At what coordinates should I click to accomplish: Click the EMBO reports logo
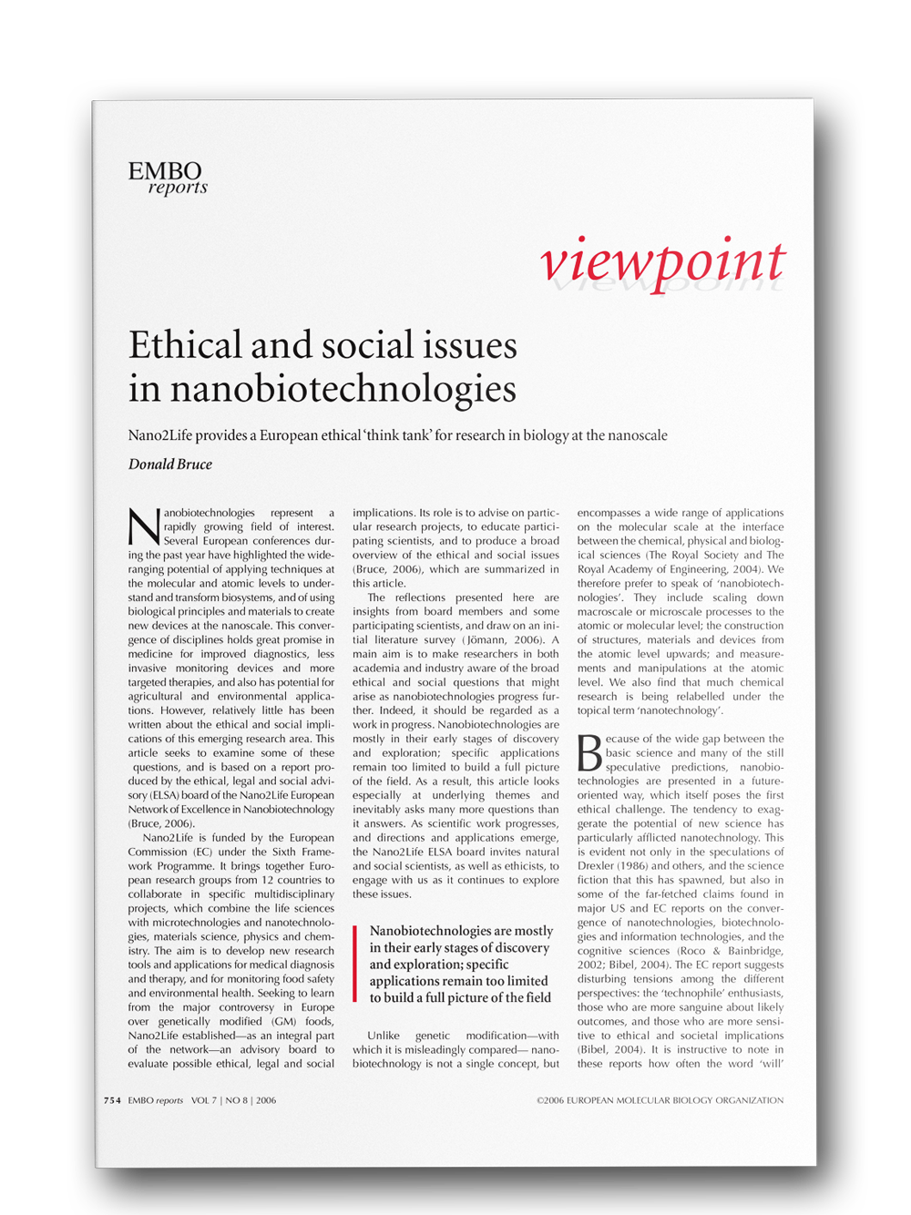pos(167,179)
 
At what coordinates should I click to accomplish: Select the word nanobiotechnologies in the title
pos(343,389)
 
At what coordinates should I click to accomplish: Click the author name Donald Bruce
pos(170,465)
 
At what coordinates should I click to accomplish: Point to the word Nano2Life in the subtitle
pos(159,435)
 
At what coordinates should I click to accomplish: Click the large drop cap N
pos(144,527)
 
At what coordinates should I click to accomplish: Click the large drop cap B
pos(590,753)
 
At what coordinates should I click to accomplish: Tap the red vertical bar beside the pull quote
pos(355,964)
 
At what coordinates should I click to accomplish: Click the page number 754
pos(112,1100)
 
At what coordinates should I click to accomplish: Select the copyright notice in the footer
pos(660,1100)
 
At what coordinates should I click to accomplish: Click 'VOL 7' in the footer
pos(204,1100)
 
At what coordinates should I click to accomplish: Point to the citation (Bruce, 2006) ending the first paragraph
pos(161,823)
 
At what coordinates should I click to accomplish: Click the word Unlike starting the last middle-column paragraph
pos(384,1036)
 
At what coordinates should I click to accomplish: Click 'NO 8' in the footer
pos(237,1100)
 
